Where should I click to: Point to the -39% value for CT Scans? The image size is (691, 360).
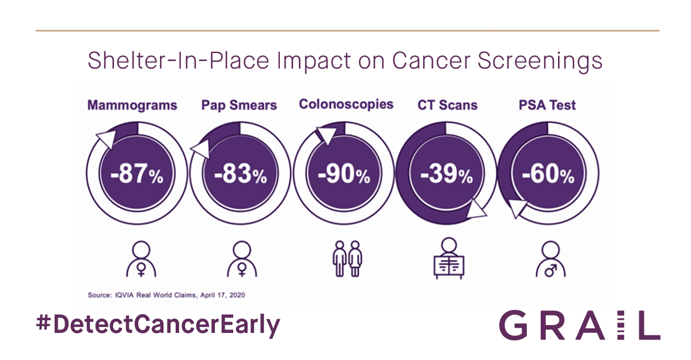pos(446,175)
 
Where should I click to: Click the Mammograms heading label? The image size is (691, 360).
pos(132,105)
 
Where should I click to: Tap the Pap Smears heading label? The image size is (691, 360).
pos(239,105)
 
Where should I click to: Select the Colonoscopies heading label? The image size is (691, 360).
pos(346,104)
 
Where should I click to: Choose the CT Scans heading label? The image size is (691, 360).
pos(447,105)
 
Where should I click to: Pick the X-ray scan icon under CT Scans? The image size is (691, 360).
pos(448,257)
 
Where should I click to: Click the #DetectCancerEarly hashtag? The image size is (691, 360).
pos(157,325)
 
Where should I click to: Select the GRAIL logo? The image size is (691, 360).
pos(579,325)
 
